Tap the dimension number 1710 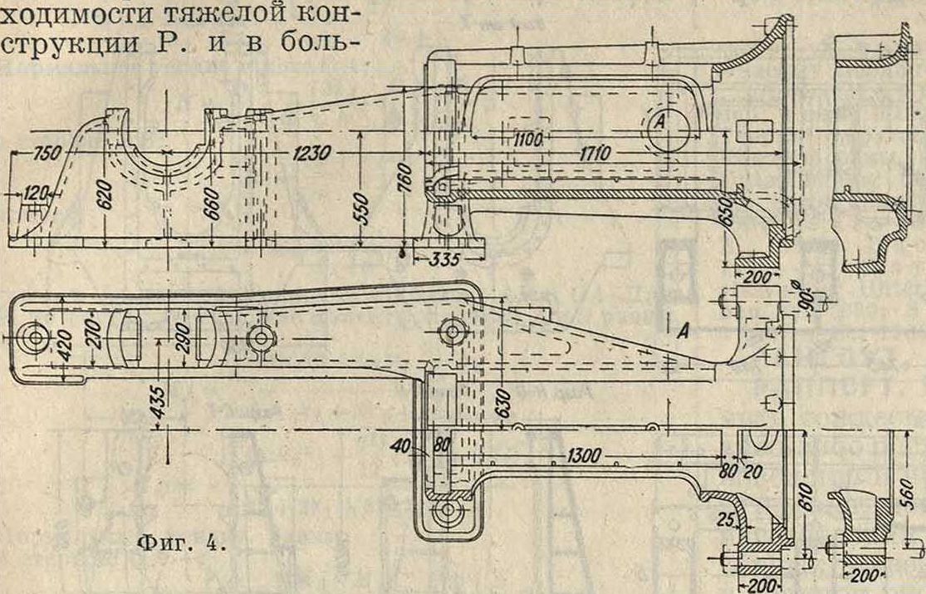click(x=592, y=154)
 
